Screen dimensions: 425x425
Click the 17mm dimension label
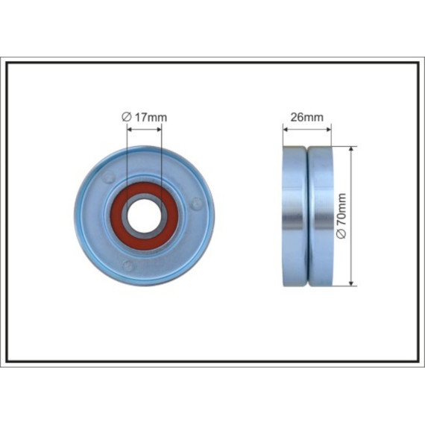[x=144, y=117]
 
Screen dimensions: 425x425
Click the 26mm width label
[x=307, y=117]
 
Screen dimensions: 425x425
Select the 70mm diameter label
[x=341, y=216]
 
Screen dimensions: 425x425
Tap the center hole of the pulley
[x=144, y=216]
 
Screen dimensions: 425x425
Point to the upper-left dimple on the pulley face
[x=109, y=177]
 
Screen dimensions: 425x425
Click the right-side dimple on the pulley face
[x=196, y=204]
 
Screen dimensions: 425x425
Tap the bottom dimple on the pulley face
[x=127, y=266]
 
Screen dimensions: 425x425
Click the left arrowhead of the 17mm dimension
[x=129, y=130]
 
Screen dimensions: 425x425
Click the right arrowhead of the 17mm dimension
[x=159, y=130]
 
